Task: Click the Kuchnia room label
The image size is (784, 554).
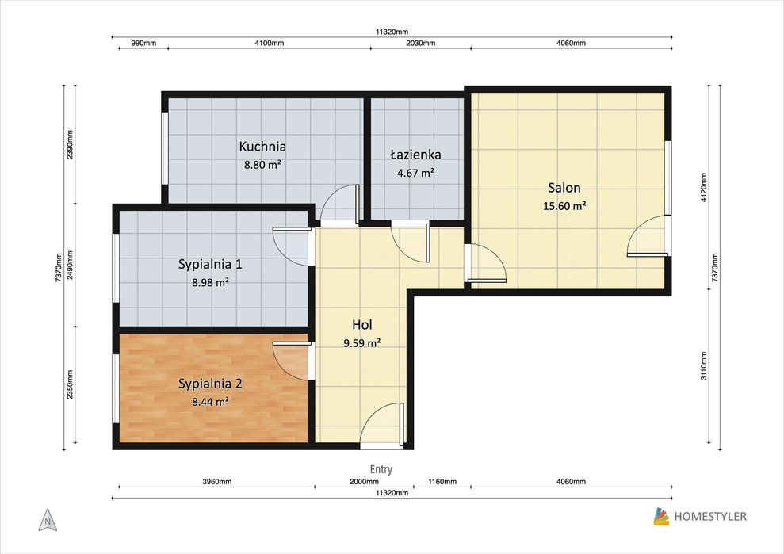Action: click(262, 147)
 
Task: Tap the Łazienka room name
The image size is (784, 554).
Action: click(415, 154)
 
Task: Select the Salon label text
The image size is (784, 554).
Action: click(564, 188)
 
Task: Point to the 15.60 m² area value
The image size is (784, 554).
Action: click(564, 206)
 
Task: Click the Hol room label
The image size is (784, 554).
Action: click(362, 325)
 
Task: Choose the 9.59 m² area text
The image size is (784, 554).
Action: click(362, 343)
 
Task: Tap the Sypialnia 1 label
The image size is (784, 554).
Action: click(211, 264)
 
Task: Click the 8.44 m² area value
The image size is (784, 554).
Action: click(211, 401)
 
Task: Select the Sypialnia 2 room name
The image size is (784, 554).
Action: click(211, 384)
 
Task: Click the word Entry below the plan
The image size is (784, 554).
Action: click(381, 469)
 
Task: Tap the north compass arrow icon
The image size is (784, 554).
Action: click(48, 520)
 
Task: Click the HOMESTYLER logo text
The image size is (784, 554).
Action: click(710, 517)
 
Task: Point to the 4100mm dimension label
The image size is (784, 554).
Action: click(269, 43)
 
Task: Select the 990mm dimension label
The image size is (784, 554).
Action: click(143, 43)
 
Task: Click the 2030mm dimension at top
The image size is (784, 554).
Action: click(420, 43)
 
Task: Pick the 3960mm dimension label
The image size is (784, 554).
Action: click(217, 482)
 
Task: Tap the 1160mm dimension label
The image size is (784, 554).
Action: click(442, 482)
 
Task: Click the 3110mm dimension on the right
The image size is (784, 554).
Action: click(703, 365)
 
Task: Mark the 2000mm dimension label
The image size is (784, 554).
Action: click(364, 482)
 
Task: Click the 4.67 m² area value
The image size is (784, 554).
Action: click(415, 173)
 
